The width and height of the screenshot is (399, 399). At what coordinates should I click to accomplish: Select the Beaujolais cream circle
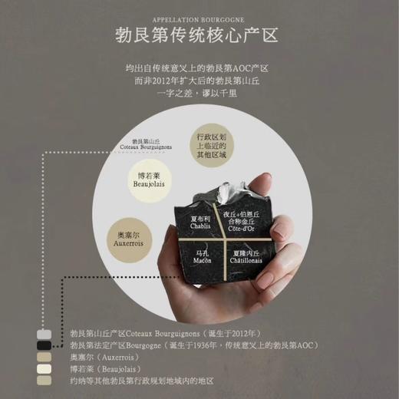[x=151, y=180]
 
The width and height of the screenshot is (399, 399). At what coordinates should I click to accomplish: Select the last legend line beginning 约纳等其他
[x=140, y=381]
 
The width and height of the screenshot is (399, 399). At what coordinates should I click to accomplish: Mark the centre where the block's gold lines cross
[x=222, y=239]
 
